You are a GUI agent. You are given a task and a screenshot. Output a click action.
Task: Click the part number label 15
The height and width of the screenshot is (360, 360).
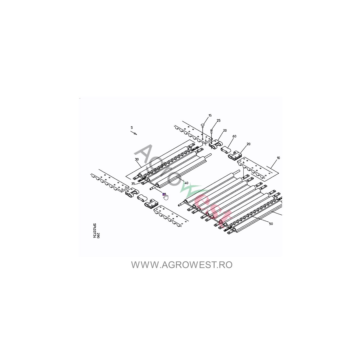[210, 116]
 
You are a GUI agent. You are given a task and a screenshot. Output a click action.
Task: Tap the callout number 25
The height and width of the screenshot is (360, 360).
[219, 121]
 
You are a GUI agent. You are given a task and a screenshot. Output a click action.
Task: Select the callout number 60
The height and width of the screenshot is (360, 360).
[234, 136]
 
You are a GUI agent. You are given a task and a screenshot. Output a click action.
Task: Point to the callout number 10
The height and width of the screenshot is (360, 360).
[278, 158]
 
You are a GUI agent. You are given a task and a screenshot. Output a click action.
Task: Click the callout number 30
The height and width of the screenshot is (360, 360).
[137, 159]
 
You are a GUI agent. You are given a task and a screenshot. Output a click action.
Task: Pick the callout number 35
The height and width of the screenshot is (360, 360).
[133, 184]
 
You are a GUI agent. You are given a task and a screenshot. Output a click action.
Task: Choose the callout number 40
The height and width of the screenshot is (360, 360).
[186, 183]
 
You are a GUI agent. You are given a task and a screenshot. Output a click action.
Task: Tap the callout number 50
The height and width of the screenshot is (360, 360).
[271, 224]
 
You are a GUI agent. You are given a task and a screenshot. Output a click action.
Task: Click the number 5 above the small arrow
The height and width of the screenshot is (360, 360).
[132, 128]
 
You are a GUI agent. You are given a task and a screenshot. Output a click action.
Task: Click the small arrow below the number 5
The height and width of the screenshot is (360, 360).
[134, 133]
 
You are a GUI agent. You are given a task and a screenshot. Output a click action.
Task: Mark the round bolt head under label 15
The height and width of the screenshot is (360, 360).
[202, 125]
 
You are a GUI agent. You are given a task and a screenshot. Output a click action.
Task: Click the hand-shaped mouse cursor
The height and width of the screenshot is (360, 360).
[166, 197]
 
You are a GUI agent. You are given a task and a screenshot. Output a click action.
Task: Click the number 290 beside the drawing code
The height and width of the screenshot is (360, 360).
[98, 236]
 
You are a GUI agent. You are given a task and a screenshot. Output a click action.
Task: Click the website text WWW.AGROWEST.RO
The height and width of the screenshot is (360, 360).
[182, 265]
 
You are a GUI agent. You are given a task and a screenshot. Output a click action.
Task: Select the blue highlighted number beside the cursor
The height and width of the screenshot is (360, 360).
[164, 194]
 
